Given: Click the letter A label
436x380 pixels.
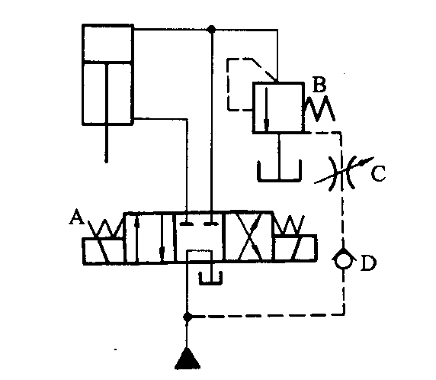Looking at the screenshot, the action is (76, 217).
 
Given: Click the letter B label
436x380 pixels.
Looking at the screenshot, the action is (319, 84).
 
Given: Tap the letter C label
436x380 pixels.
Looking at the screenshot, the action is (378, 173).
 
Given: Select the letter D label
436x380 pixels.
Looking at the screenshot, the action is (368, 262).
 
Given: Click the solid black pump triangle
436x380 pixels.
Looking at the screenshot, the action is (188, 359).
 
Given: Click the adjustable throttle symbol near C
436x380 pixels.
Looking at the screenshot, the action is (344, 172).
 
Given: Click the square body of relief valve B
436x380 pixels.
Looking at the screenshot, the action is (278, 108).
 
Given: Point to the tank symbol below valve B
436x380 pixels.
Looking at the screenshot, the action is (279, 171).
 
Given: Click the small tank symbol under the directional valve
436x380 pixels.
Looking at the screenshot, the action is (210, 278).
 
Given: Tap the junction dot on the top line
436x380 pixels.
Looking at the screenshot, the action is (212, 29).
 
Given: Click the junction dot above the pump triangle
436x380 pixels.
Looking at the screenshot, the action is (188, 317).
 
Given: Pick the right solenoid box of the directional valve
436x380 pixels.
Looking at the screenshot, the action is (295, 248).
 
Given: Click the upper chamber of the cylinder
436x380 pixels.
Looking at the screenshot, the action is (107, 43).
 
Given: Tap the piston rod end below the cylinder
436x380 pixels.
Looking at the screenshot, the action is (106, 161).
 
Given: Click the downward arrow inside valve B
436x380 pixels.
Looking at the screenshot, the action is (266, 109).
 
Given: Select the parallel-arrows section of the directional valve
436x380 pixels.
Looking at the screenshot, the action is (149, 237).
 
